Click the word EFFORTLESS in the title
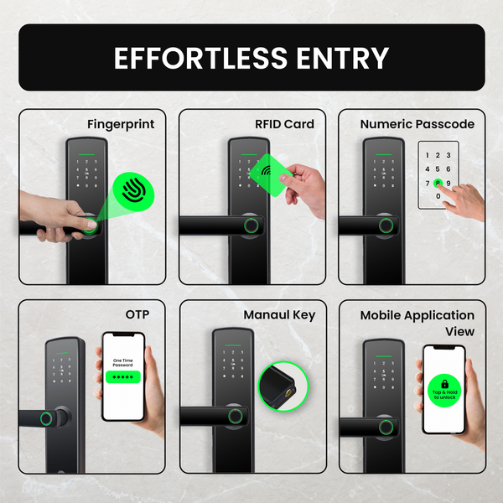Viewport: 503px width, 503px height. click(x=199, y=58)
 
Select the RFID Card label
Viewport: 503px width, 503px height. click(x=284, y=124)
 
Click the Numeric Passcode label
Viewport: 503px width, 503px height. click(x=417, y=124)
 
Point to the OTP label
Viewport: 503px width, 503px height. click(x=139, y=314)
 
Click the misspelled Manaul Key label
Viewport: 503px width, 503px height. click(x=279, y=314)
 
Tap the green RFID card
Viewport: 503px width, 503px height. click(x=271, y=173)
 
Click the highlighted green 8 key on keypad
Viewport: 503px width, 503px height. click(x=438, y=183)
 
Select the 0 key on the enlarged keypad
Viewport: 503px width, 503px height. click(x=438, y=196)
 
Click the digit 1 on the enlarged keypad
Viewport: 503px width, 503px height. click(x=427, y=155)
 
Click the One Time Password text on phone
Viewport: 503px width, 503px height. click(x=122, y=362)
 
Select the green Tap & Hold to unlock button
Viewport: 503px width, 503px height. click(x=443, y=392)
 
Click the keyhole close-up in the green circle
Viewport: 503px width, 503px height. click(x=284, y=386)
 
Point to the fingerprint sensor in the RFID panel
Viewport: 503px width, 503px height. click(x=249, y=225)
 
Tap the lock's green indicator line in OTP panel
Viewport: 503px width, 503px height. click(x=64, y=352)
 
